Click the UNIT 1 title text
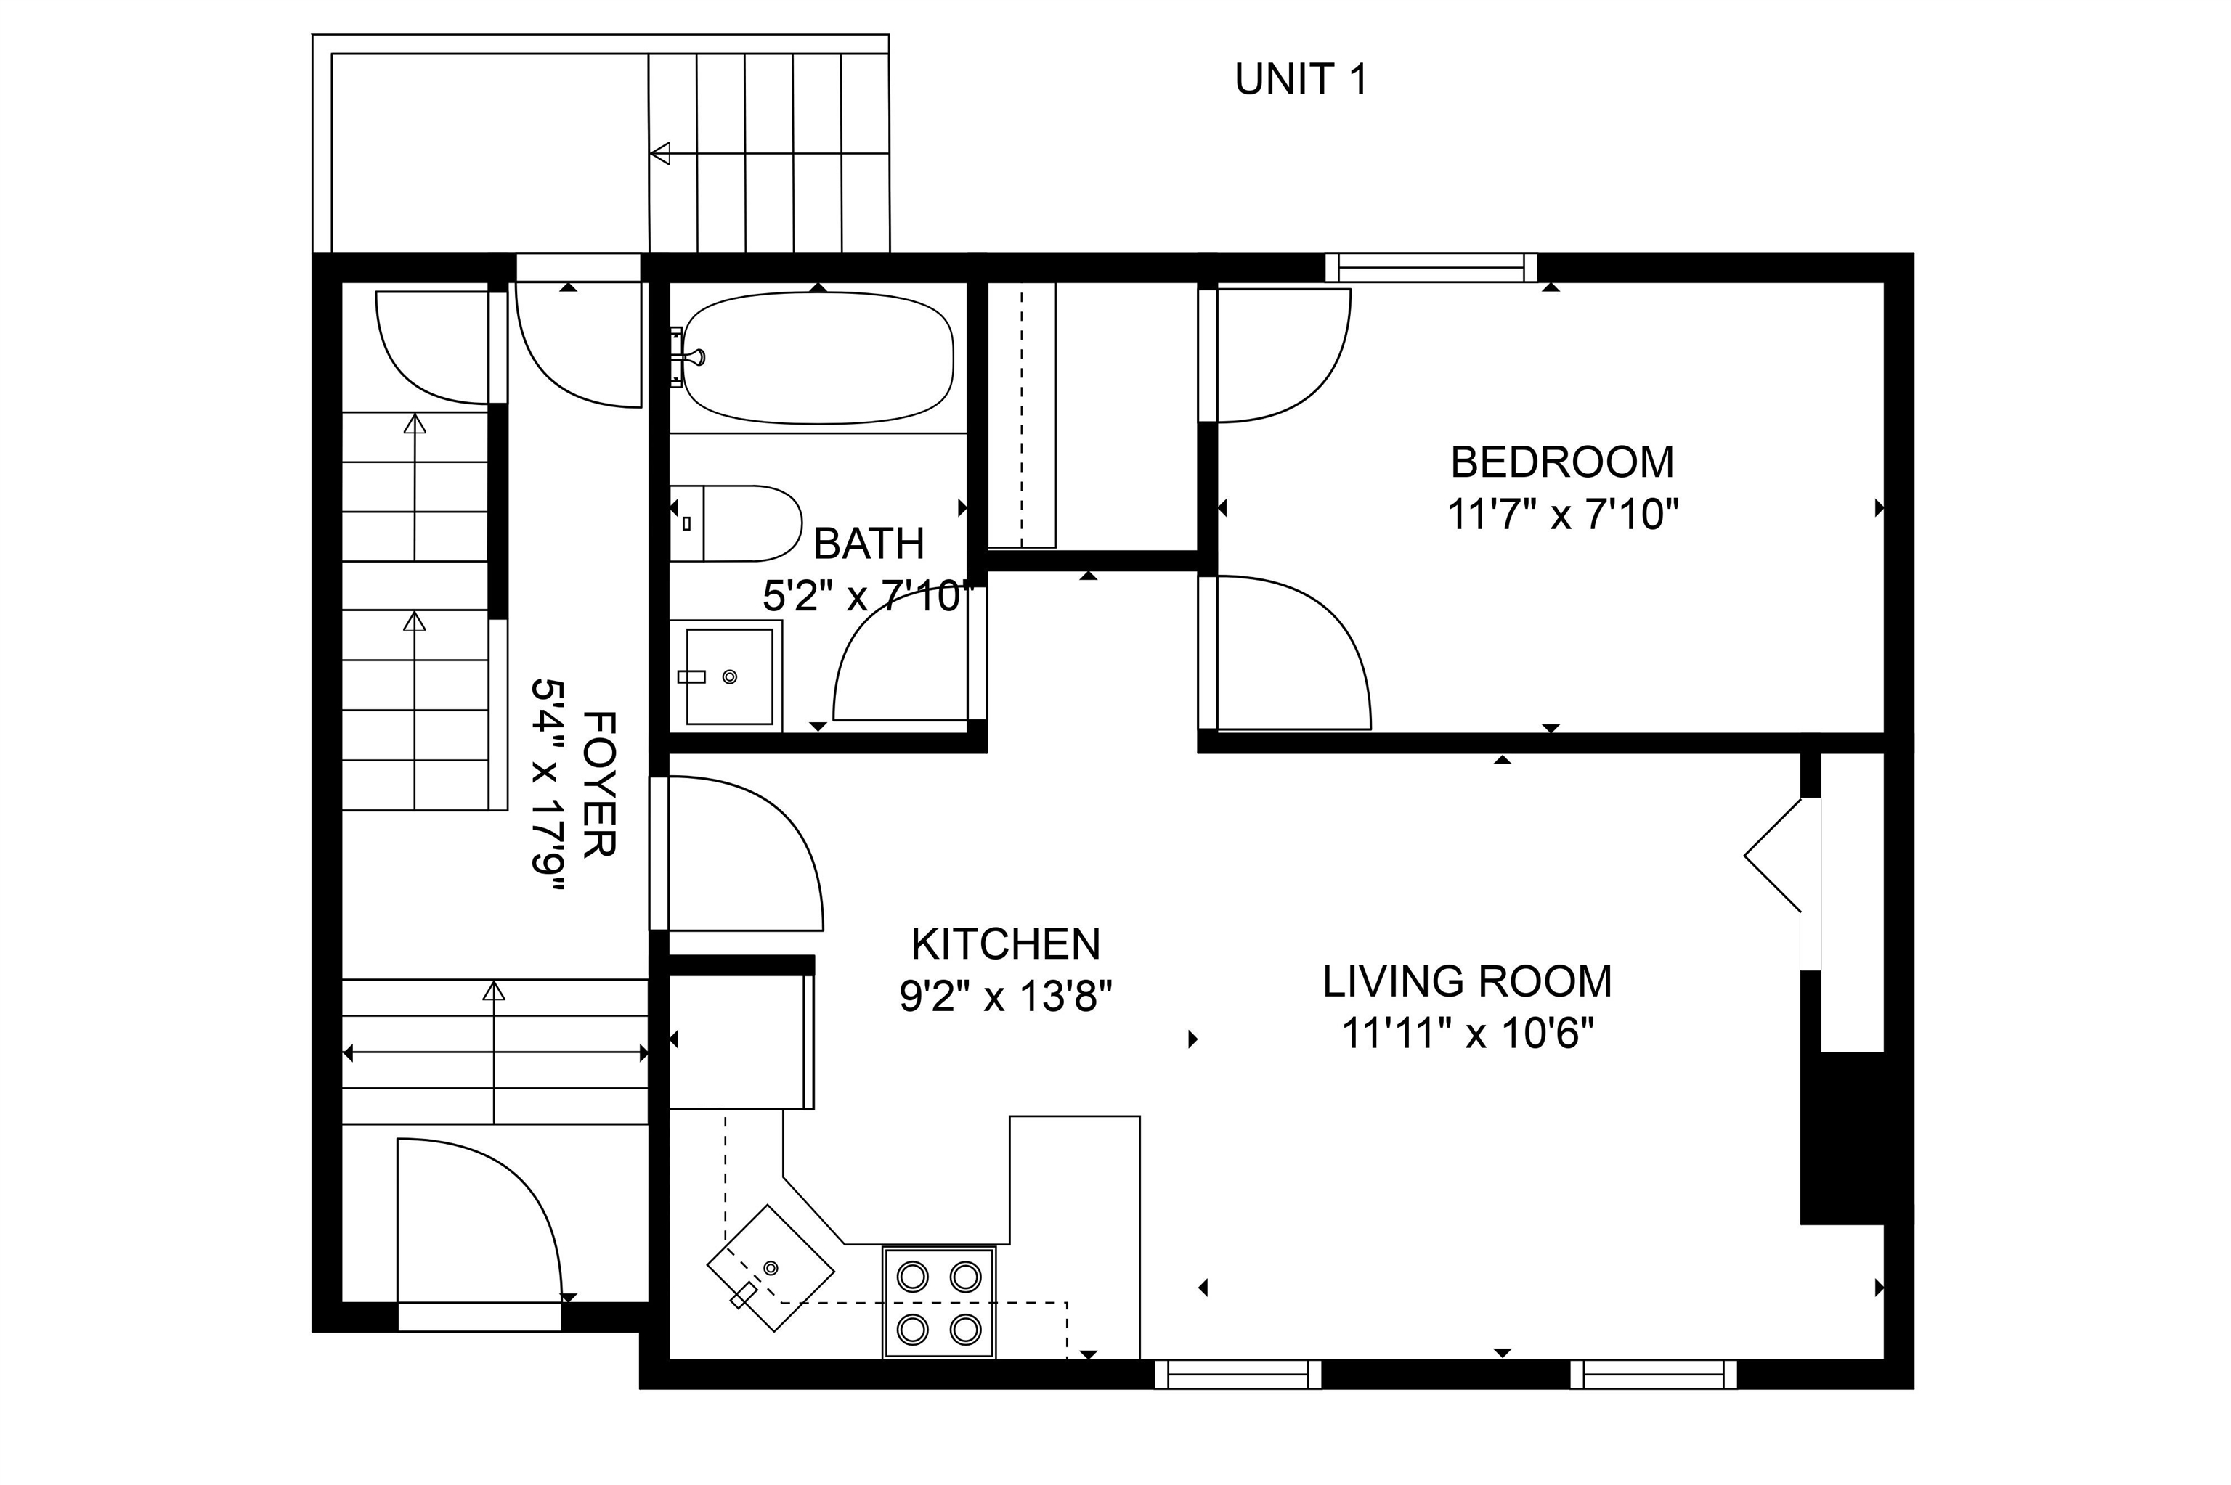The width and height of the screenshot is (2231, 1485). click(1301, 80)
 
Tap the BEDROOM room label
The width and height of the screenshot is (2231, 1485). click(1562, 462)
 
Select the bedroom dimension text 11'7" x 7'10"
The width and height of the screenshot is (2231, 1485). click(1562, 516)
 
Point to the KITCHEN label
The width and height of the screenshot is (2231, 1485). click(1005, 944)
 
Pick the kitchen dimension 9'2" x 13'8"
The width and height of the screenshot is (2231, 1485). click(1005, 997)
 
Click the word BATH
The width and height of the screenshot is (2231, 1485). click(869, 544)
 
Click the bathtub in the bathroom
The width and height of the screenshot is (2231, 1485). click(818, 357)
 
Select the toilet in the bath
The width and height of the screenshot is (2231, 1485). click(735, 524)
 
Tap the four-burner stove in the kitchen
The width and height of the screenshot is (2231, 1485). click(939, 1302)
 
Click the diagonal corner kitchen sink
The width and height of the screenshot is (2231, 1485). click(771, 1268)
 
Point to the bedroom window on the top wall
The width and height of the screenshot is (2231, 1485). click(1431, 268)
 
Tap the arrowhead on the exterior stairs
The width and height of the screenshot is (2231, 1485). click(660, 153)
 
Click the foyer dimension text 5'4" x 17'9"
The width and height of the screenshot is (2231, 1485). click(548, 785)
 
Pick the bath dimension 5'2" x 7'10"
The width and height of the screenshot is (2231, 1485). click(869, 597)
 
